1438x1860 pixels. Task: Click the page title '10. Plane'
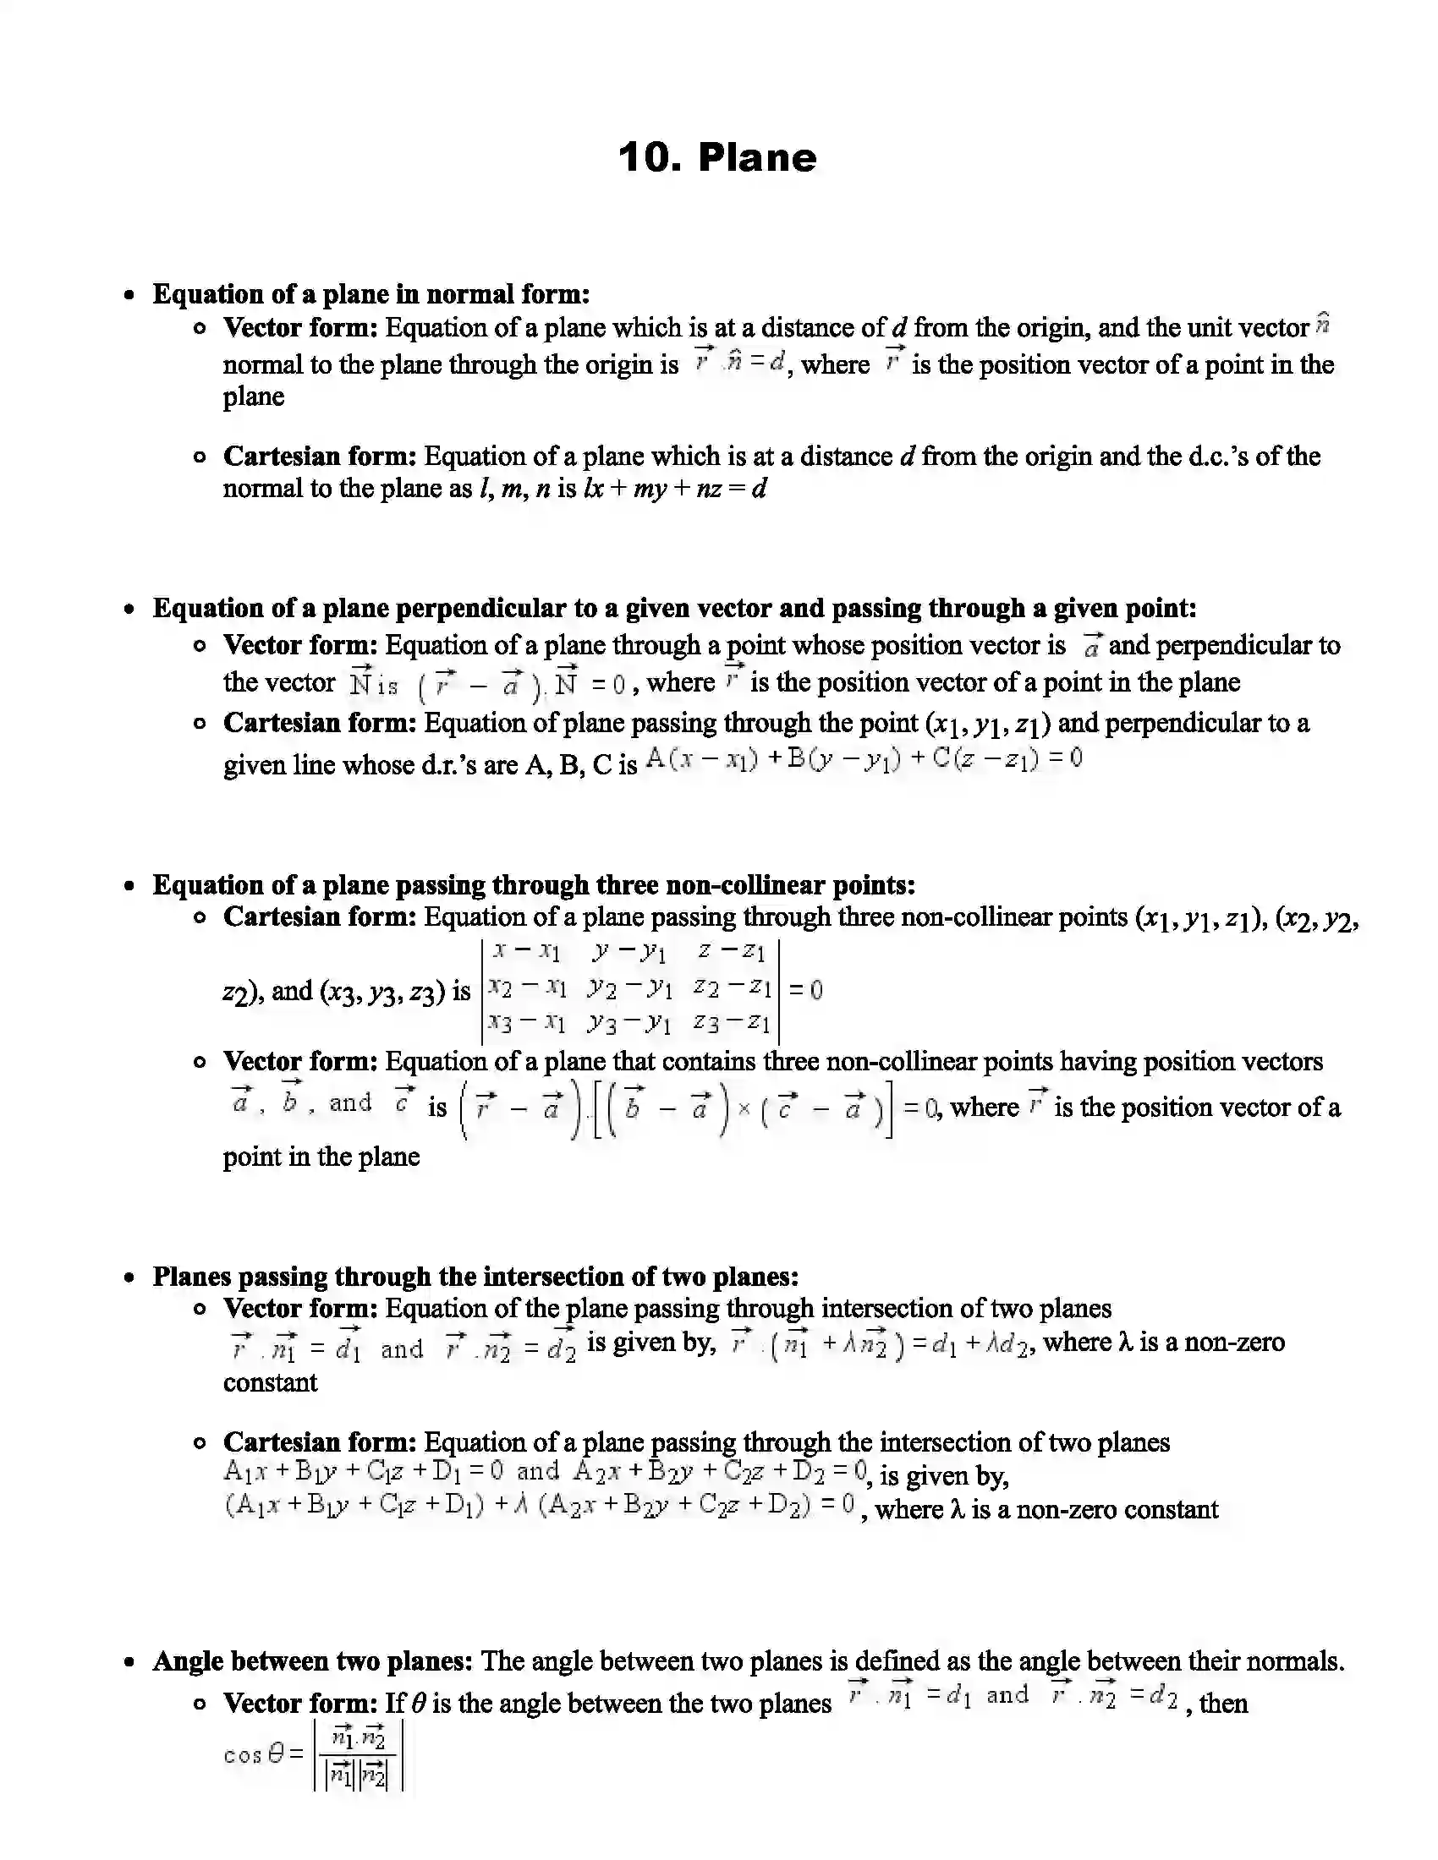(717, 158)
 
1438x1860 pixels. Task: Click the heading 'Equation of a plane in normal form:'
(370, 295)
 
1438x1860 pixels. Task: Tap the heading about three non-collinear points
(533, 885)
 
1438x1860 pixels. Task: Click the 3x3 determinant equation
(651, 991)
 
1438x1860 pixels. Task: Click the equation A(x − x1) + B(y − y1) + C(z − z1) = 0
(863, 759)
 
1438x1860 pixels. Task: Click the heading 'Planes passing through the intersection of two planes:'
(475, 1277)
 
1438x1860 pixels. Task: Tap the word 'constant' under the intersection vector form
(270, 1382)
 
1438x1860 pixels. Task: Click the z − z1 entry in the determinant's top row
(731, 951)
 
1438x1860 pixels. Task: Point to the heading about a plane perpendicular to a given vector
(674, 608)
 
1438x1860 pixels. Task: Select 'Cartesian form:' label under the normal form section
(320, 457)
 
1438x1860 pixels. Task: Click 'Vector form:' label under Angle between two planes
(300, 1704)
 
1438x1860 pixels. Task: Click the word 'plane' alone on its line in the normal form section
(254, 397)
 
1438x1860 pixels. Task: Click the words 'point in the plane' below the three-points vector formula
(321, 1157)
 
